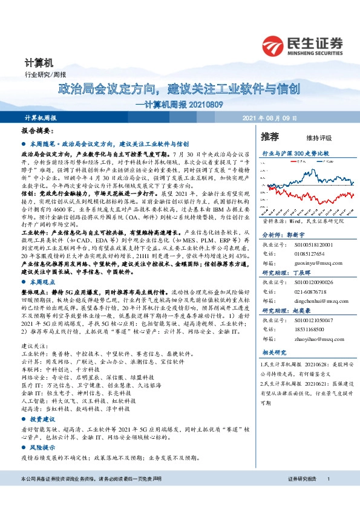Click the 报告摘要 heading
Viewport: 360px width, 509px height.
38,131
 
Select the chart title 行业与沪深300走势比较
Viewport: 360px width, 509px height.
296,154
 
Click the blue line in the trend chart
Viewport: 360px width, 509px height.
315,175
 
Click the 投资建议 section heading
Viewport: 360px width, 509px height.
44,418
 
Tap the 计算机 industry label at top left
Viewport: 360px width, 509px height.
39,62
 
